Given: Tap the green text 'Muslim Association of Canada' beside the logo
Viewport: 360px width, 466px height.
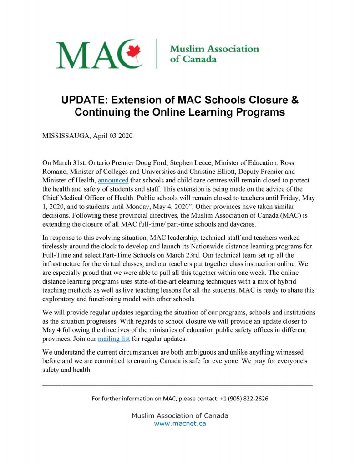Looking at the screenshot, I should pos(214,54).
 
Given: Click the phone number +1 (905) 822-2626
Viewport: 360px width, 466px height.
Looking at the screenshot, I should pos(244,399).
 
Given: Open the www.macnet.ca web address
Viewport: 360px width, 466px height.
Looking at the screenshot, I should pos(180,423).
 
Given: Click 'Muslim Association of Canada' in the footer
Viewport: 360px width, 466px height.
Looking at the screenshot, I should pos(180,415).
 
